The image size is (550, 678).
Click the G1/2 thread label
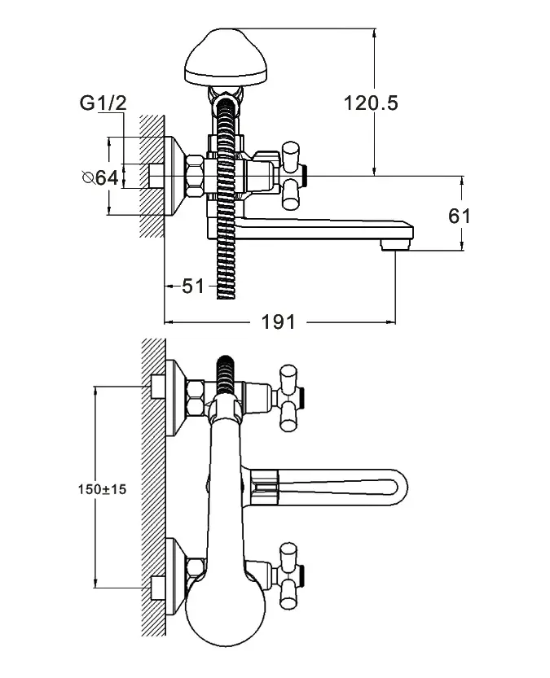click(103, 103)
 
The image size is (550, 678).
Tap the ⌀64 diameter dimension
click(100, 177)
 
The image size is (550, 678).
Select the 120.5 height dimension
click(371, 103)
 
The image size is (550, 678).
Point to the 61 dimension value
click(459, 216)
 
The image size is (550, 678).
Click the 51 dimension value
click(193, 287)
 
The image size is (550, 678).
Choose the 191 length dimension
click(279, 322)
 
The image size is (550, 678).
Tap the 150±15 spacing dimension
click(102, 489)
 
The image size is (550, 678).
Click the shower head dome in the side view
click(226, 56)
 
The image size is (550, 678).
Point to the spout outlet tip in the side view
click(395, 246)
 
